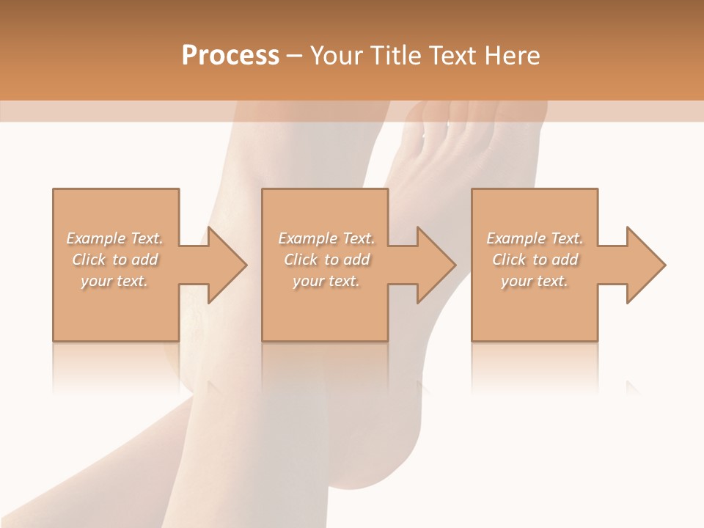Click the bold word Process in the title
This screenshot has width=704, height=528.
point(230,56)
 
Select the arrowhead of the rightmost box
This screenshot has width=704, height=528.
point(645,265)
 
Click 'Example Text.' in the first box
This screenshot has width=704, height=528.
point(115,238)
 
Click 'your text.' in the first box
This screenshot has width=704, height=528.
point(115,281)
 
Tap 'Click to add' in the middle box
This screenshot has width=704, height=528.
point(326,260)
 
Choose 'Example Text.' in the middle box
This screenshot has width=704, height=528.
point(326,238)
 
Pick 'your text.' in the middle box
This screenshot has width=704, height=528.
point(326,281)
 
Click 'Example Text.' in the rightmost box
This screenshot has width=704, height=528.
point(535,238)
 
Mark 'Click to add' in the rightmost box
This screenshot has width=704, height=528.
point(535,260)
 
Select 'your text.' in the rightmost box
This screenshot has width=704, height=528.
point(535,281)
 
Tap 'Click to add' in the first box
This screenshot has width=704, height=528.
point(115,260)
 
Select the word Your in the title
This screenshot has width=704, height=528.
point(337,56)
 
